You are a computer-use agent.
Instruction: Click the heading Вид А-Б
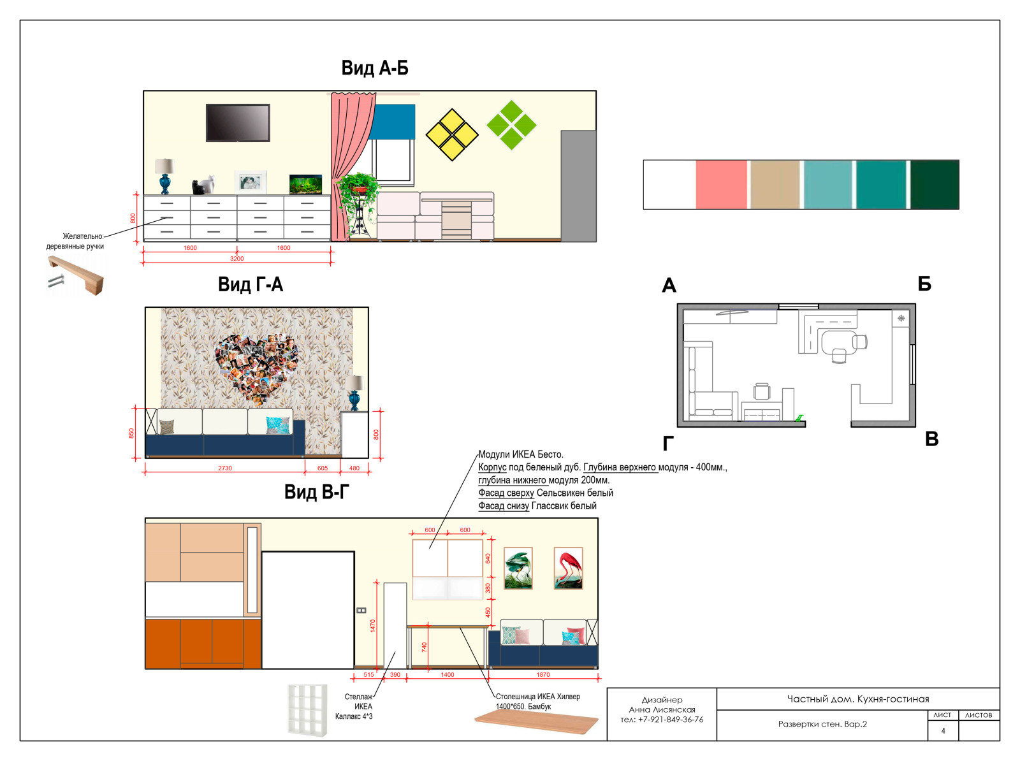click(375, 68)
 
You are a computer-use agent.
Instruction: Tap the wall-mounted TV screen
click(238, 122)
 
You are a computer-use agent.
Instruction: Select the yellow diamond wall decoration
click(452, 134)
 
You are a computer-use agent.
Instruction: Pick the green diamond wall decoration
click(512, 125)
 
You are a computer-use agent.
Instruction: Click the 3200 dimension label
click(237, 259)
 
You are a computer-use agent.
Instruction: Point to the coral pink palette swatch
click(721, 184)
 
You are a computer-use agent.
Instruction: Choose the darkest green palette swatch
click(935, 184)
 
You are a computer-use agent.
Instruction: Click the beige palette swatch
click(775, 184)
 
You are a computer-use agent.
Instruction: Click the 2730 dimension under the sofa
click(225, 468)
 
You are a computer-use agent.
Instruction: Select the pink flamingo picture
click(568, 568)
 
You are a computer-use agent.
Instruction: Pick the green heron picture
click(518, 568)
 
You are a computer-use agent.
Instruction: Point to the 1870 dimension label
click(543, 674)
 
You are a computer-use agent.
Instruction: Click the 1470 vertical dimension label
click(373, 625)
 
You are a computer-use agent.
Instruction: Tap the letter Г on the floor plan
click(668, 444)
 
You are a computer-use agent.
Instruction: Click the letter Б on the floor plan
click(924, 284)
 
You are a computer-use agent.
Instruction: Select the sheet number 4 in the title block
click(943, 731)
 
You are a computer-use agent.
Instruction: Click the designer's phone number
click(662, 720)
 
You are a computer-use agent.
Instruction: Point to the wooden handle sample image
click(76, 275)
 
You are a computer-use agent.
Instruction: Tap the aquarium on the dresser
click(305, 184)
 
